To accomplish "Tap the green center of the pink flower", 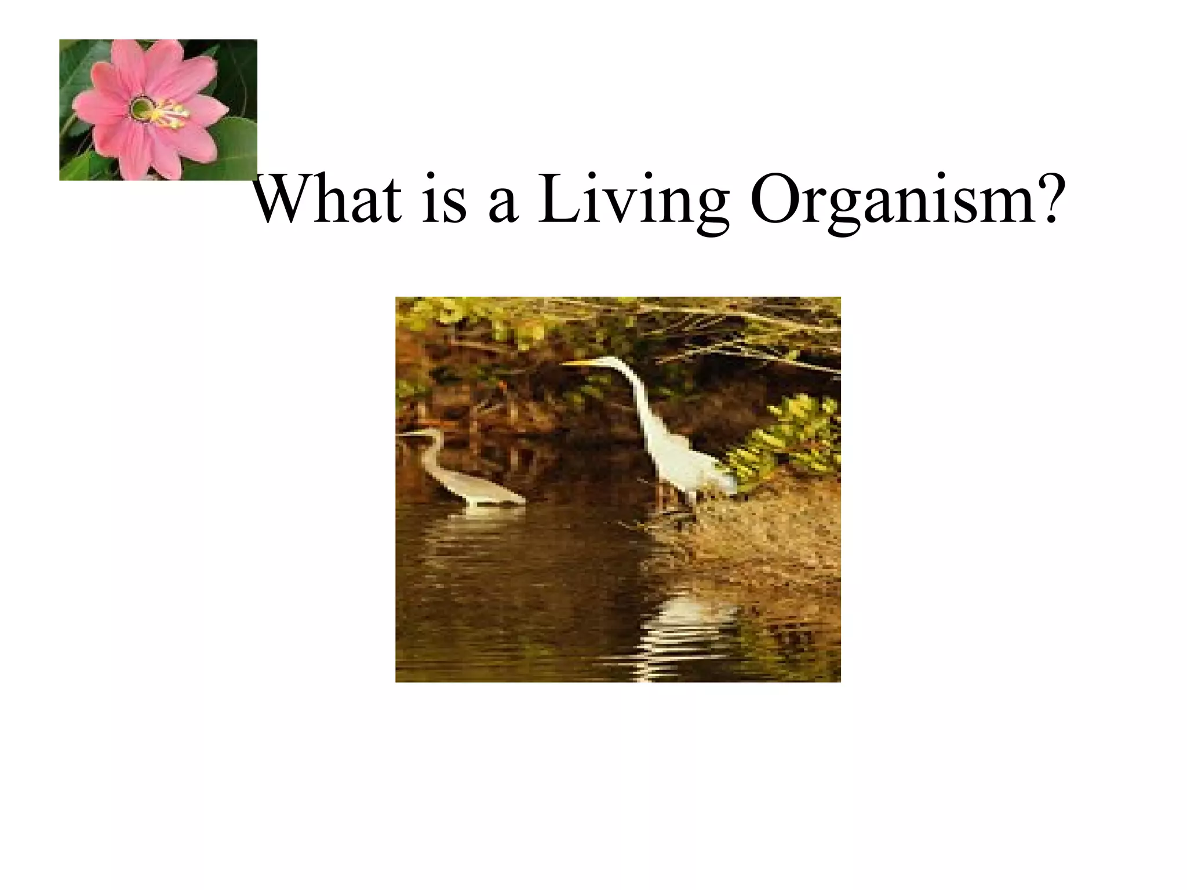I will pos(141,108).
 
